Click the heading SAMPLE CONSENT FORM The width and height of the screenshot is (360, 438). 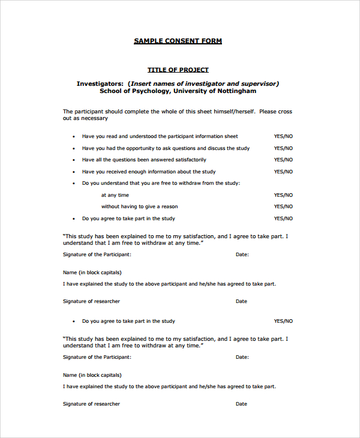coord(178,41)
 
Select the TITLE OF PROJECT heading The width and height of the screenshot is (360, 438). coord(178,70)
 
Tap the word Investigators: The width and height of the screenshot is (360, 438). coord(100,83)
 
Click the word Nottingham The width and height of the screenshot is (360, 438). coord(236,91)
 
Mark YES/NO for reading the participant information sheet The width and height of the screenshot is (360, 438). coord(283,137)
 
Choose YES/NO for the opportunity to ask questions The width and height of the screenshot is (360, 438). coord(283,148)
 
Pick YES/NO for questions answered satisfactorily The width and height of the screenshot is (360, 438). coord(283,160)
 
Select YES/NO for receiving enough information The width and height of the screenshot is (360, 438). coord(283,172)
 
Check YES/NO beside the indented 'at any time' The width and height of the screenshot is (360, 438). coord(283,195)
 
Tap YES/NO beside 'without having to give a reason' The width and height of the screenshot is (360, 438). coord(283,207)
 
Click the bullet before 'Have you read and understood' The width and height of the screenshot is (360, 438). coord(74,137)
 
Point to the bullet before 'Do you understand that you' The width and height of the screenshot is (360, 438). coord(74,184)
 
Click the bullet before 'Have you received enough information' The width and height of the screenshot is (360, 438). coord(74,172)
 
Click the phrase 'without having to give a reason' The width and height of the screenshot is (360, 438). coord(139,207)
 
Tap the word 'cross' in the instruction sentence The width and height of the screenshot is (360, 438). coord(285,112)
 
